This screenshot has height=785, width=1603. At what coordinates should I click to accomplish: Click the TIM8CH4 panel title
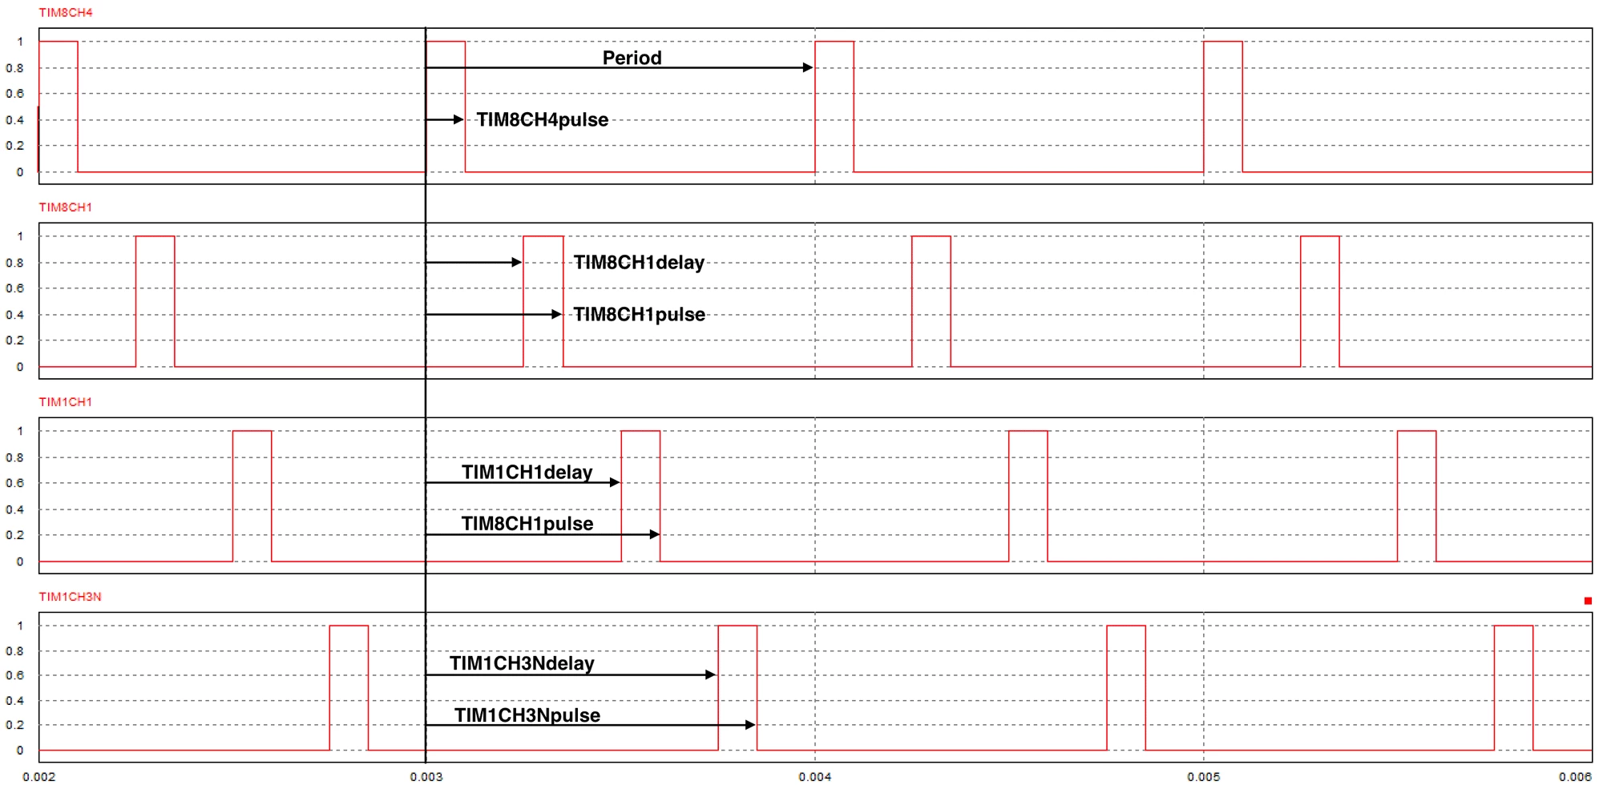tap(66, 13)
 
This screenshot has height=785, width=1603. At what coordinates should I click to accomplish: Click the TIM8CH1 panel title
tap(66, 207)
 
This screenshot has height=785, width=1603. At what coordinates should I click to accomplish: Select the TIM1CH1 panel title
tap(66, 402)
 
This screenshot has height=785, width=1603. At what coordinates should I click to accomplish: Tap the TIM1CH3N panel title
tap(71, 597)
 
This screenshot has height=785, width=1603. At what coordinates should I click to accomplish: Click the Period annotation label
tap(632, 58)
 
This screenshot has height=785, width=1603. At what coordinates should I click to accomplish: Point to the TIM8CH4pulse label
tap(543, 120)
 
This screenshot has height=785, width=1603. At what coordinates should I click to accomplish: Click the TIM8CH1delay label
tap(639, 263)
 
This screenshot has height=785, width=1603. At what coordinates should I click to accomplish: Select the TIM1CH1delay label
tap(527, 473)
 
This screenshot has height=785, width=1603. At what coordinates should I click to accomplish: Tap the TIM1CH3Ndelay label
tap(522, 663)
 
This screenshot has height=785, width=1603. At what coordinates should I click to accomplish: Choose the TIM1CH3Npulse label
tap(527, 715)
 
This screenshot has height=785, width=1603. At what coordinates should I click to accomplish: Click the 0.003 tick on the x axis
tap(426, 776)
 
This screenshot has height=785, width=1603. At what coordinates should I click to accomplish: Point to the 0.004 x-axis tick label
tap(815, 776)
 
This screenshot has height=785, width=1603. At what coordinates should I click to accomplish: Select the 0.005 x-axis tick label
tap(1204, 776)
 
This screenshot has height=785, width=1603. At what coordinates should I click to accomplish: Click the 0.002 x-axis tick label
tap(39, 776)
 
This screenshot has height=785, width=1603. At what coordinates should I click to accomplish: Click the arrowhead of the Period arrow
tap(808, 68)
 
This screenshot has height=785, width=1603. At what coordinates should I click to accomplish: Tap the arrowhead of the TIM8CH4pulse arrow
tap(458, 119)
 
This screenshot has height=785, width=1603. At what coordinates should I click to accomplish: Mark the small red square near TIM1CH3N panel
tap(1588, 601)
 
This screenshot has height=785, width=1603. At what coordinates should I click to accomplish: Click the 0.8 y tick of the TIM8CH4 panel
tap(14, 68)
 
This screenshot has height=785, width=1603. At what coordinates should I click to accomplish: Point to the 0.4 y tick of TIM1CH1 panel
tap(14, 509)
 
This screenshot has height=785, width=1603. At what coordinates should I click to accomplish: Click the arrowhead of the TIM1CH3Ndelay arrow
tap(710, 674)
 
